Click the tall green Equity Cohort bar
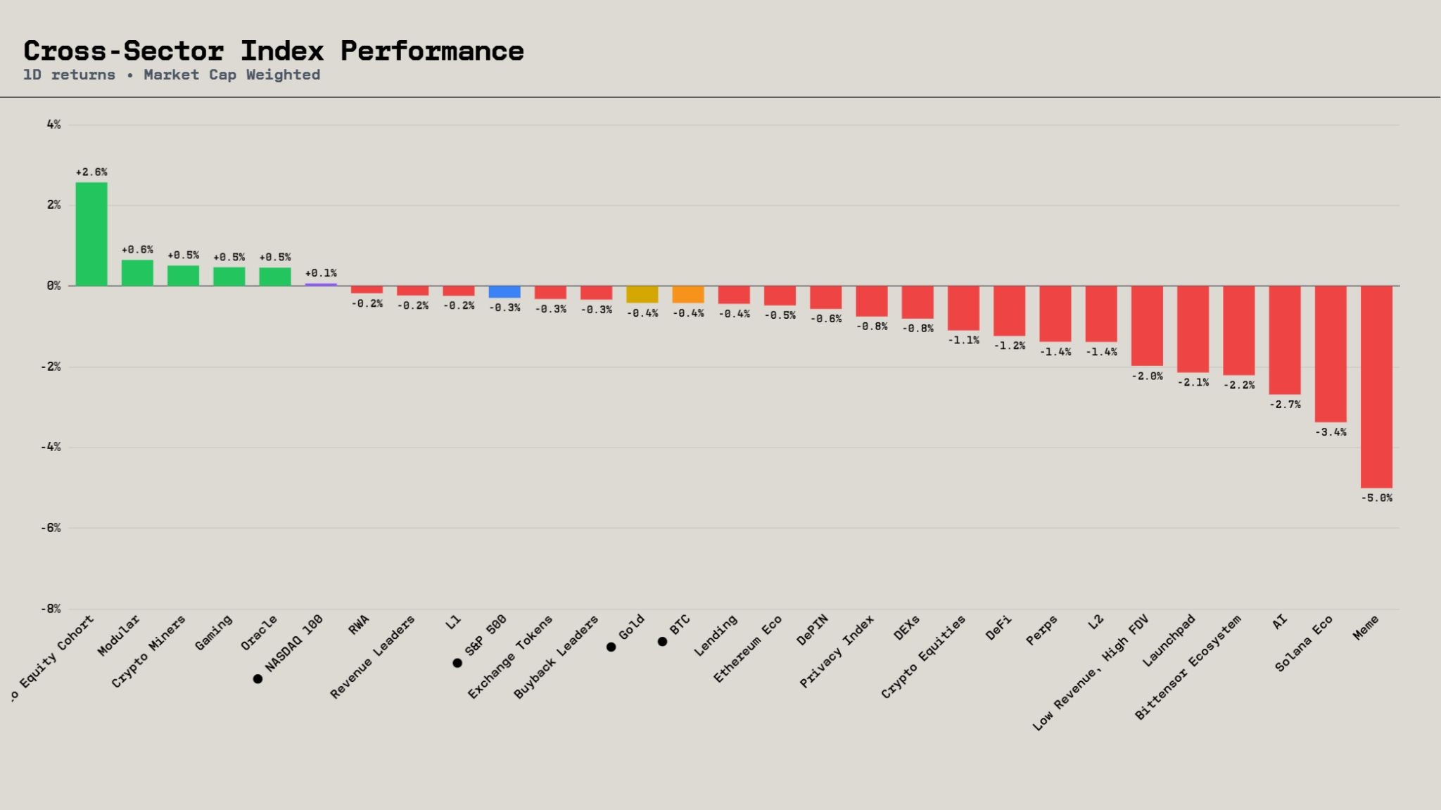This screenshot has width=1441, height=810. pos(91,234)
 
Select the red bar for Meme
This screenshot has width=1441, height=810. pos(1376,387)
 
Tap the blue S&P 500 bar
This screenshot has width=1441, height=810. pos(504,292)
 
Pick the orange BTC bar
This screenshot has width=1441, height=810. pos(688,294)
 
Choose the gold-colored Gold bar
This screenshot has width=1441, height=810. pos(642,294)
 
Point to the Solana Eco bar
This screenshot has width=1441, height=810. pos(1331,354)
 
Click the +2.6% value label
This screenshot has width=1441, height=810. pos(91,172)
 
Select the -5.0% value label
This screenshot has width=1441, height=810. pos(1376,498)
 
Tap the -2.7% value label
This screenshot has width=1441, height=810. pos(1285,405)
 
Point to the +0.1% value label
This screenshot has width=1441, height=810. pos(321,273)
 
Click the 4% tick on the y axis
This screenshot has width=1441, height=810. pos(53,125)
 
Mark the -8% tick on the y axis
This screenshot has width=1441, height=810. pos(51,609)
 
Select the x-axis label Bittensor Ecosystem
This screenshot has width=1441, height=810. pos(1188,667)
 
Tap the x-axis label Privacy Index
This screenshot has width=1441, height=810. pos(837,651)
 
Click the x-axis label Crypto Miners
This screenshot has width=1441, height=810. pos(148,651)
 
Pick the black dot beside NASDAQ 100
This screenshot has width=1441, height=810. pos(258,679)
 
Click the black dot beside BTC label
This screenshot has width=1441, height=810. pos(662,642)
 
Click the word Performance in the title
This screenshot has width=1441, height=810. pos(432,51)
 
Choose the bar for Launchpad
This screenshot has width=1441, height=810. pos(1193,329)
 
